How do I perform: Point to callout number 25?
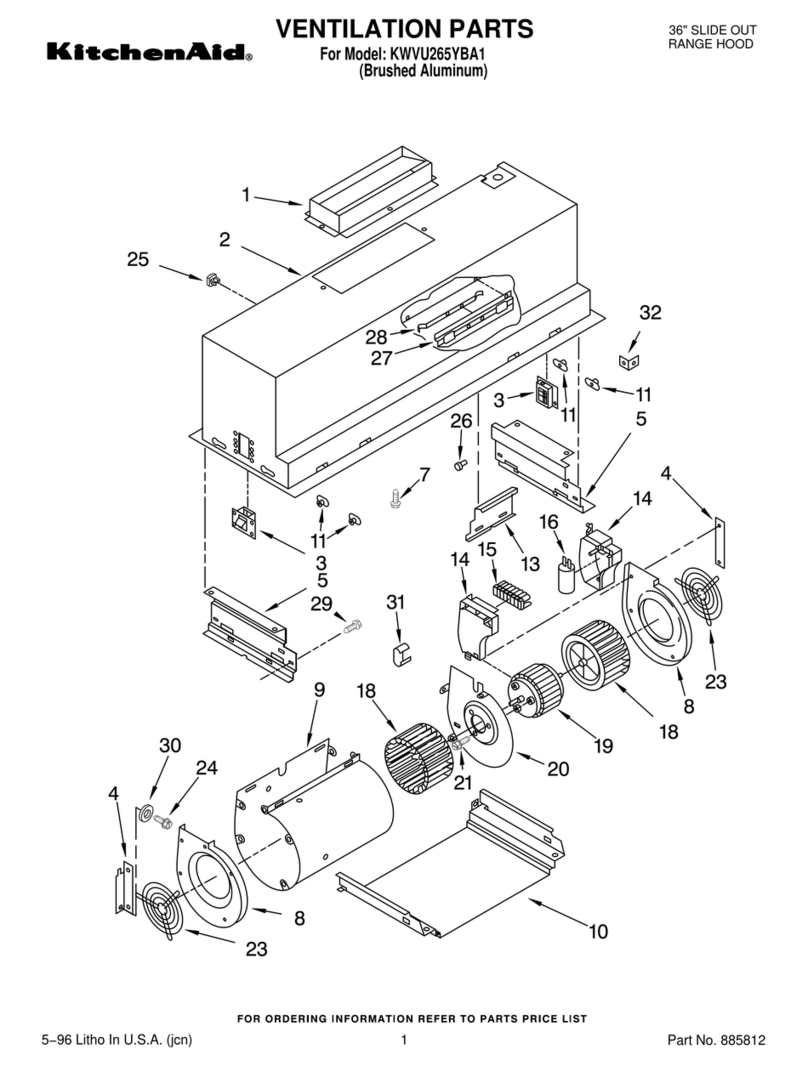coord(138,260)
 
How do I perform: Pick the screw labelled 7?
coord(397,494)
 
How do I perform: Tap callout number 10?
coord(597,932)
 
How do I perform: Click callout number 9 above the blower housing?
coord(320,690)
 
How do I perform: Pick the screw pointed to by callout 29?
coord(352,627)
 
